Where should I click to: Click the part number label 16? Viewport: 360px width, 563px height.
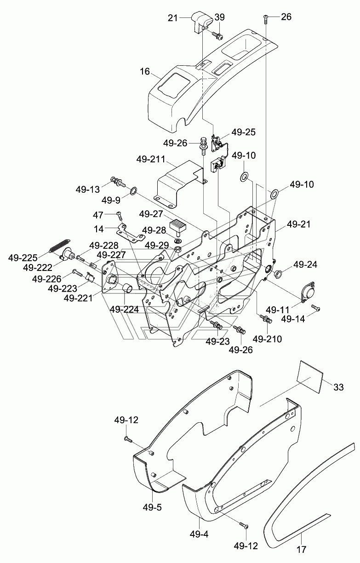click(144, 72)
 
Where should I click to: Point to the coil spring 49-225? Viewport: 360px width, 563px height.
click(59, 245)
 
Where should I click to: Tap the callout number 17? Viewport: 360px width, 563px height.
click(302, 556)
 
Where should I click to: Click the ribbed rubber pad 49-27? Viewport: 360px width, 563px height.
click(177, 224)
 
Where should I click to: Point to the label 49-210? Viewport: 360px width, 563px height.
click(267, 339)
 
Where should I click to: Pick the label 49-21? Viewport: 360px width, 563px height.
click(298, 224)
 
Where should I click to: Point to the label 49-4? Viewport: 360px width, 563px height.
click(199, 534)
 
